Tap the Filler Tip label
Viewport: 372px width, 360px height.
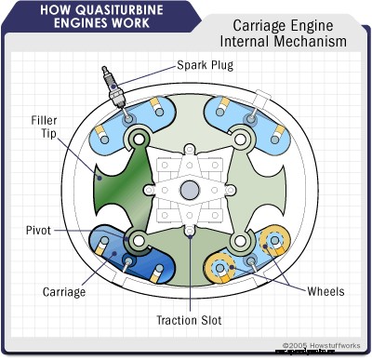click(44, 127)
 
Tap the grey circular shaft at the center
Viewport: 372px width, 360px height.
click(190, 190)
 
